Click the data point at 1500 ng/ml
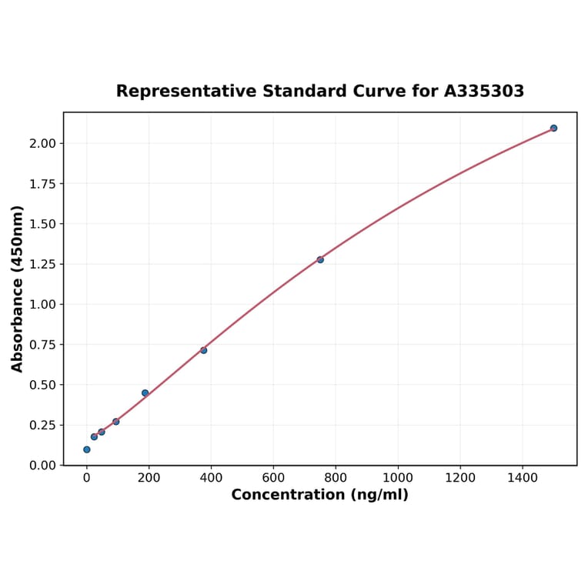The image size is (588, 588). [553, 128]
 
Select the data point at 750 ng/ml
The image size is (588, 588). [320, 259]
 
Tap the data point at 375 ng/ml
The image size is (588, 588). [203, 350]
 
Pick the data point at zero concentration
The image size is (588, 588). [86, 449]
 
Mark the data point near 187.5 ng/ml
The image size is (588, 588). [145, 393]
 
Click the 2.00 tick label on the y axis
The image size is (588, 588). [44, 144]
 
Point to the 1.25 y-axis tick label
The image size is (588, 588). [44, 265]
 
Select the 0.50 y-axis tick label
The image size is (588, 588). [44, 385]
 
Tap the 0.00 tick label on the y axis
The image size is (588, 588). [44, 466]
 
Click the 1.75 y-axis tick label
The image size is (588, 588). [44, 184]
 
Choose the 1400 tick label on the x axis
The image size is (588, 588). [523, 478]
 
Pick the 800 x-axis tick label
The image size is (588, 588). [336, 478]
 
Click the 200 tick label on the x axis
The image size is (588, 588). [149, 478]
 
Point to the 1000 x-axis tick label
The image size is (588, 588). [398, 478]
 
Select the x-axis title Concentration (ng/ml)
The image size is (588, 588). [319, 495]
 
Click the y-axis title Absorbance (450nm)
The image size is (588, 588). [18, 289]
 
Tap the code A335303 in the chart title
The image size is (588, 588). [484, 92]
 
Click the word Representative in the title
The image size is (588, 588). [186, 92]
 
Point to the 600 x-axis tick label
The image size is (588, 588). [273, 478]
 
